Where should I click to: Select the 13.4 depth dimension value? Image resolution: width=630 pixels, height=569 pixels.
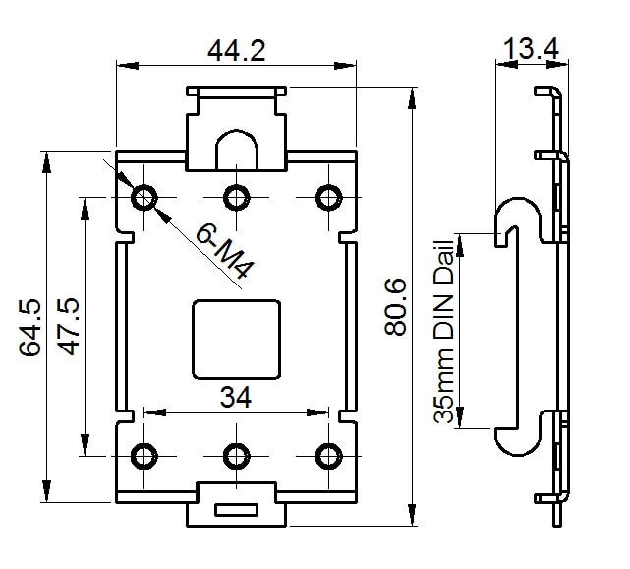pyautogui.click(x=531, y=47)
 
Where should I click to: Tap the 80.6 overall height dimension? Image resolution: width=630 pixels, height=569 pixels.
pyautogui.click(x=395, y=306)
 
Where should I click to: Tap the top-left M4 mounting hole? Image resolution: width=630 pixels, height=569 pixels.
pyautogui.click(x=144, y=197)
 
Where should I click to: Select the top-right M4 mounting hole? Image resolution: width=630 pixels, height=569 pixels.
pyautogui.click(x=327, y=197)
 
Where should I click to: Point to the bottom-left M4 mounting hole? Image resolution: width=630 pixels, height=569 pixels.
pyautogui.click(x=144, y=455)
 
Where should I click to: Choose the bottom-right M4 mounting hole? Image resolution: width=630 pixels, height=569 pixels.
pyautogui.click(x=327, y=455)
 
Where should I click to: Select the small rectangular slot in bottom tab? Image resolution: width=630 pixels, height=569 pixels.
pyautogui.click(x=236, y=510)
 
